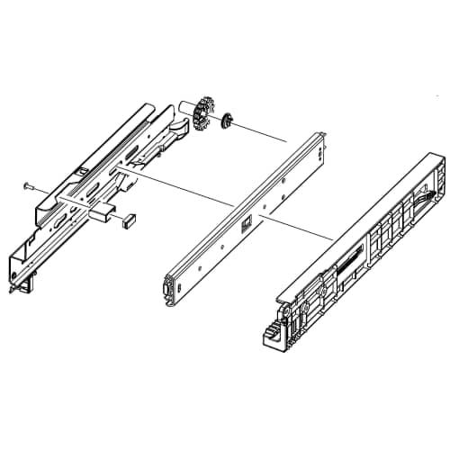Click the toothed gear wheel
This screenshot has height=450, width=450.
206,109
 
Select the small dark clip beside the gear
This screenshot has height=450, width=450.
228,119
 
